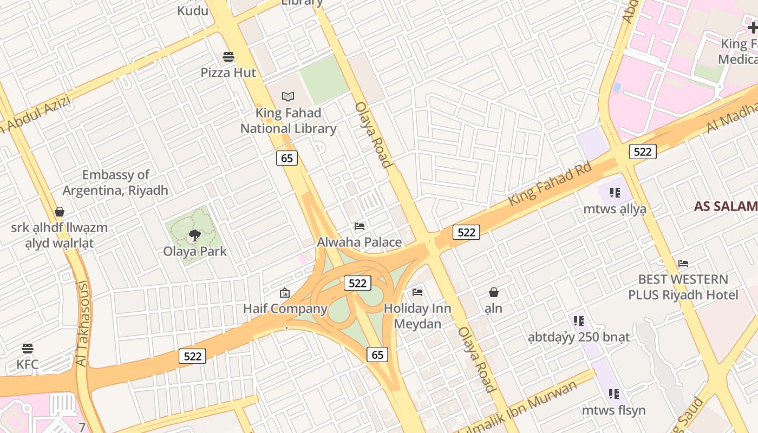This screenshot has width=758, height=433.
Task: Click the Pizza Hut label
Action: (228, 73)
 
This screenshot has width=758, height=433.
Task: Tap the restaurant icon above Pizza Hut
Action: (228, 57)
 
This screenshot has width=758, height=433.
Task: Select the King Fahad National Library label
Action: (288, 121)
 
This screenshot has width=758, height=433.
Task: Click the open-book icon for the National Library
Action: (288, 97)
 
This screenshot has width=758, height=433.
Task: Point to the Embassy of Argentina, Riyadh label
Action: (115, 182)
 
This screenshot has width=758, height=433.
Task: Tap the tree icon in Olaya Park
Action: (194, 235)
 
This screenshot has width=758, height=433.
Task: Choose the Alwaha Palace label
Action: (360, 242)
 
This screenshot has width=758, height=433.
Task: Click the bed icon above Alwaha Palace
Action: (360, 226)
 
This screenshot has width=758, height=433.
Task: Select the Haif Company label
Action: (285, 309)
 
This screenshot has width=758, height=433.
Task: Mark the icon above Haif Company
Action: (285, 293)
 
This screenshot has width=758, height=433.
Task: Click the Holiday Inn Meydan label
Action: (417, 316)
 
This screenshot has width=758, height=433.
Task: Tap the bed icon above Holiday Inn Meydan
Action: (417, 292)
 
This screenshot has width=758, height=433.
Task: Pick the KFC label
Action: (27, 364)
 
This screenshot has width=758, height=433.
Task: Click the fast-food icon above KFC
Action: (28, 348)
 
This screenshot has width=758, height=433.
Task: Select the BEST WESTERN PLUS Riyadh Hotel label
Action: (683, 287)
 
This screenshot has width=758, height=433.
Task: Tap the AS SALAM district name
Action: (726, 206)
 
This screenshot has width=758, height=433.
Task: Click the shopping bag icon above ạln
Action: (494, 293)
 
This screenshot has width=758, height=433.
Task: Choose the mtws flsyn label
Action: (613, 410)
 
